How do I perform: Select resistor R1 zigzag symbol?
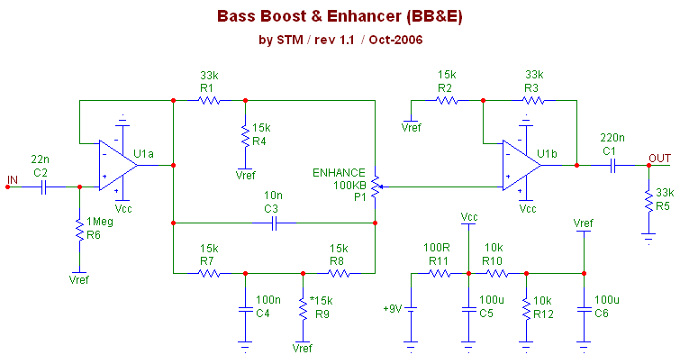(x=209, y=100)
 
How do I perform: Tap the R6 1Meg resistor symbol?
(x=80, y=229)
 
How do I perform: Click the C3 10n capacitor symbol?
(x=272, y=222)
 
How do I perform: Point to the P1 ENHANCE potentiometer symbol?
(x=375, y=187)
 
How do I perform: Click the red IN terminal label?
(x=13, y=180)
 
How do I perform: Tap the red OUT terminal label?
(x=661, y=159)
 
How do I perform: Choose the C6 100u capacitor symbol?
(x=585, y=310)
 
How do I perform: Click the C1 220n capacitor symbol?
(x=612, y=165)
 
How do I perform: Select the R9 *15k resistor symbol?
(x=303, y=305)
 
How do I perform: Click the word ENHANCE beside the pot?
(x=339, y=173)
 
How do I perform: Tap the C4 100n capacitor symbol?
(x=244, y=310)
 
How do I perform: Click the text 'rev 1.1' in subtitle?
(x=338, y=41)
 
